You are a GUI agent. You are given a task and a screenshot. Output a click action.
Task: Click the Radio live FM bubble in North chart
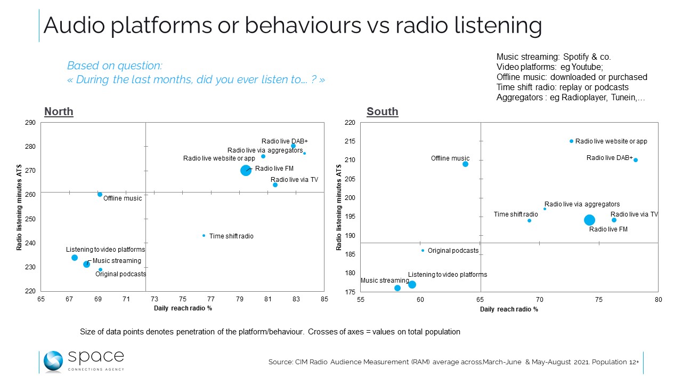click(246, 170)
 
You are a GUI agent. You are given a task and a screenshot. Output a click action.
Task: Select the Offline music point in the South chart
click(465, 164)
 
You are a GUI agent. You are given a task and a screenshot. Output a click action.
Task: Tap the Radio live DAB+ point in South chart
click(636, 160)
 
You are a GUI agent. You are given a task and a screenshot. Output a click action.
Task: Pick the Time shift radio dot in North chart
click(204, 235)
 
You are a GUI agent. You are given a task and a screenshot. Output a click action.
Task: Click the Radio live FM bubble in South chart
click(589, 220)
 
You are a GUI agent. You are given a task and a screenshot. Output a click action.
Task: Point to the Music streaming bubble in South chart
click(397, 288)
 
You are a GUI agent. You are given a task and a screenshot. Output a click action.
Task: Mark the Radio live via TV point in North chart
click(275, 185)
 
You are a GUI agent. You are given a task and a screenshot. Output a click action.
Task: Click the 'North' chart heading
click(59, 111)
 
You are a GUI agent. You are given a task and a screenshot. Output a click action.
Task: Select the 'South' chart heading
click(382, 111)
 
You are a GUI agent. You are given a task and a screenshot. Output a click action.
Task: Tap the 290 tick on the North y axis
click(31, 123)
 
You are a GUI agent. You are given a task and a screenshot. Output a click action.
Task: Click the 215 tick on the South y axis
click(350, 141)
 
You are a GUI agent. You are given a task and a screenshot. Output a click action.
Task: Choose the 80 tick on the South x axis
click(659, 300)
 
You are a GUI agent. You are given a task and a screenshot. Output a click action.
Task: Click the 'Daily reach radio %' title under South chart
click(509, 309)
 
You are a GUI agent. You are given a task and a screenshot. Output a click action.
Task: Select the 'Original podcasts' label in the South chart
click(453, 251)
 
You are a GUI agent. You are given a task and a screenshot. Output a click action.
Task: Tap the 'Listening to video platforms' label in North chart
click(105, 250)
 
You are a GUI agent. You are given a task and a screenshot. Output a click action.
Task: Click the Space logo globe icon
click(53, 361)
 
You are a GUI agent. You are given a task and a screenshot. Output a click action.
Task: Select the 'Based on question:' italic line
click(114, 66)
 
